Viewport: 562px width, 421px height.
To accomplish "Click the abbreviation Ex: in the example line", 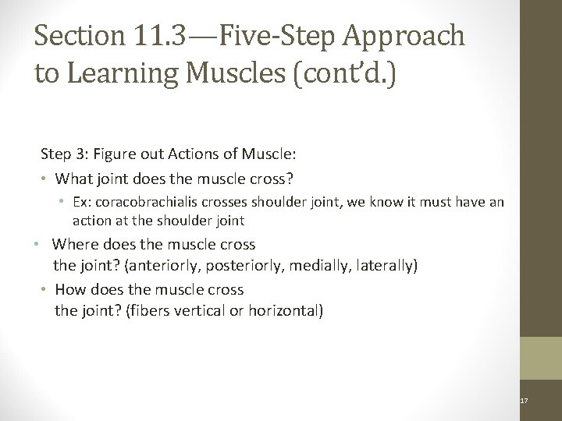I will (82, 202).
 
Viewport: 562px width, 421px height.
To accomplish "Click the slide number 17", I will (524, 400).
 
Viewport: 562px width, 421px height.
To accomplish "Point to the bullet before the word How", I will (46, 289).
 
